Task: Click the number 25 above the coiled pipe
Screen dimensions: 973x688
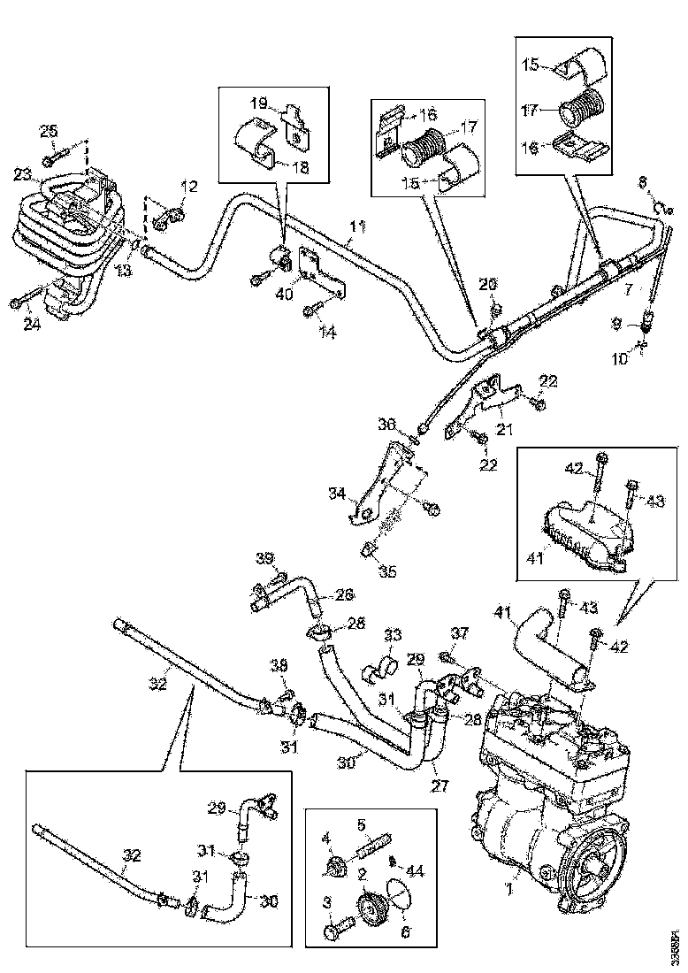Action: [48, 132]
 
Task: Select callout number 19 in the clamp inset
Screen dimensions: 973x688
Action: [257, 103]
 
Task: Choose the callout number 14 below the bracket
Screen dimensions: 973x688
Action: [329, 333]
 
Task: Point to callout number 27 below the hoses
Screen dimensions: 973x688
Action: [440, 784]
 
